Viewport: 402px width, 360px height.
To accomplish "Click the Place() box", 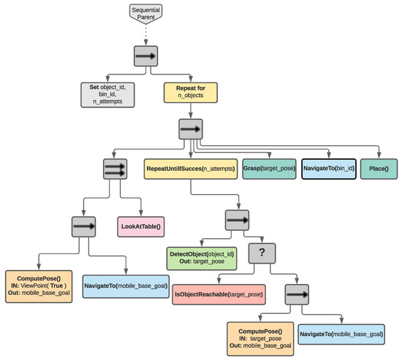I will pos(379,168).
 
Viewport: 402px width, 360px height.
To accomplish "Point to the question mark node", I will pos(261,253).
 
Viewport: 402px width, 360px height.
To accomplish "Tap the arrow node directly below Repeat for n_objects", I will pos(191,129).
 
